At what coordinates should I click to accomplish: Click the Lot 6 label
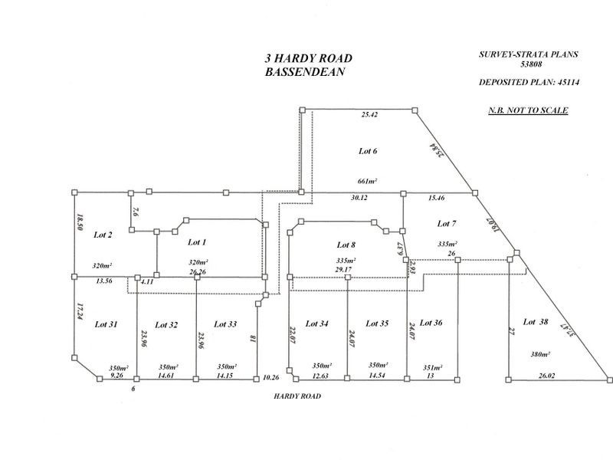pyautogui.click(x=368, y=151)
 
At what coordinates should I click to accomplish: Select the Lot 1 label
pyautogui.click(x=197, y=242)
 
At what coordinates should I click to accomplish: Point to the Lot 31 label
pyautogui.click(x=106, y=325)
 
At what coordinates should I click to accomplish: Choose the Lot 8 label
pyautogui.click(x=347, y=245)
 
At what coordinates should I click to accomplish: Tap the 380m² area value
pyautogui.click(x=540, y=354)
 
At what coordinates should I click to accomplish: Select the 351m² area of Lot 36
pyautogui.click(x=433, y=367)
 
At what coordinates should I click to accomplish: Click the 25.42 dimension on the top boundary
pyautogui.click(x=370, y=115)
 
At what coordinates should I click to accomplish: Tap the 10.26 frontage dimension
pyautogui.click(x=270, y=377)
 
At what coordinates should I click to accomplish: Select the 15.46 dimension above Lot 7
pyautogui.click(x=438, y=198)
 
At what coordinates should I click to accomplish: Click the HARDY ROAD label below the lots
pyautogui.click(x=297, y=396)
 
